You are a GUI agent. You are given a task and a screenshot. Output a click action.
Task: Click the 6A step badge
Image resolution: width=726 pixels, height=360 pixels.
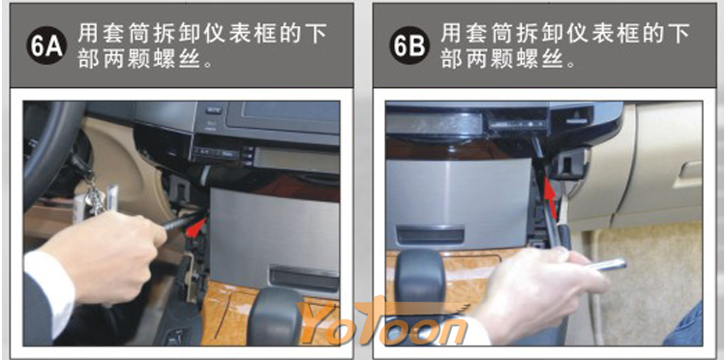[x=46, y=45]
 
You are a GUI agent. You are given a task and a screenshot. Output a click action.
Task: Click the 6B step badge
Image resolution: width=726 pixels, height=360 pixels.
[x=409, y=45]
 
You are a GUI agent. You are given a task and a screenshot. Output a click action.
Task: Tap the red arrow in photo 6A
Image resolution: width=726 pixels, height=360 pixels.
[x=197, y=226]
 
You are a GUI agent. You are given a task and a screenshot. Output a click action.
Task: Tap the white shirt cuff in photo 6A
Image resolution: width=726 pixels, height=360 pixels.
[x=50, y=290]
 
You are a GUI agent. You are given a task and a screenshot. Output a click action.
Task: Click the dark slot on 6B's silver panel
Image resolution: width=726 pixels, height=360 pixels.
[x=431, y=233]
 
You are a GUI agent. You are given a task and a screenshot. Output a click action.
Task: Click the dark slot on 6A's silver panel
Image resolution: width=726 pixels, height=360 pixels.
[x=304, y=278]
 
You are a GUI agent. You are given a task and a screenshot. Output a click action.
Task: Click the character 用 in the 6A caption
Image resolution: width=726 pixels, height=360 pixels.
[x=87, y=33]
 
